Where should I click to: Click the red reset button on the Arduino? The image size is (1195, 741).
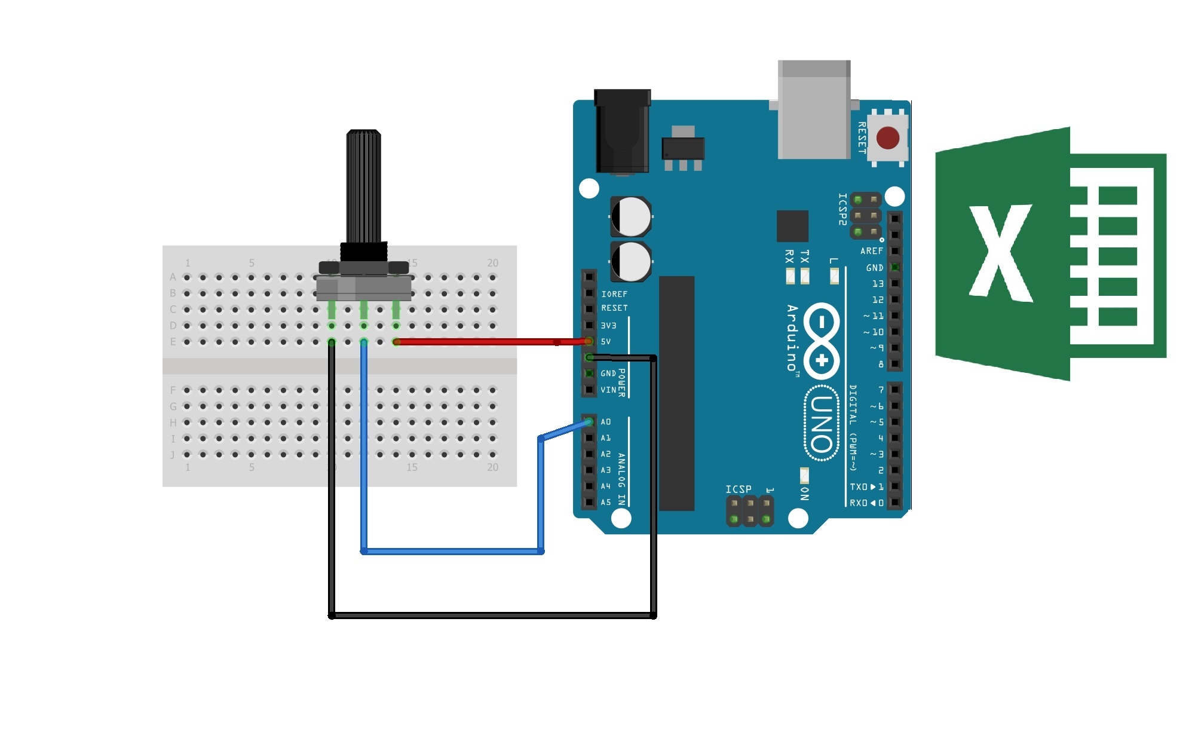[888, 138]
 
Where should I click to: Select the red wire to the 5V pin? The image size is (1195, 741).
[490, 342]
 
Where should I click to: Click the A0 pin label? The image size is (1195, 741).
[606, 422]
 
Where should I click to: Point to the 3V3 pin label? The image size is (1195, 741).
[608, 326]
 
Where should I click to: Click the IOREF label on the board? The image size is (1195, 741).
[614, 294]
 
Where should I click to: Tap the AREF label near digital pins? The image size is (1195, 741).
[871, 251]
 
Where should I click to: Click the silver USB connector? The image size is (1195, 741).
[814, 111]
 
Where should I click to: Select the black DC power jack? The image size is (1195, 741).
[623, 131]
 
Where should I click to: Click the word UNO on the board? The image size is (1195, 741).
[822, 424]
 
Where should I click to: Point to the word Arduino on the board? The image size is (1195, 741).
[792, 338]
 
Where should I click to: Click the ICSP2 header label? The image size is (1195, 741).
[842, 209]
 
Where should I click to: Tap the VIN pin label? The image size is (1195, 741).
[608, 390]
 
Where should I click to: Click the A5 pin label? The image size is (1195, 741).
[606, 503]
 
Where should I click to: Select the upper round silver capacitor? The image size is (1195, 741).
[631, 216]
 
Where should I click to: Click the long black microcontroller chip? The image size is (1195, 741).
[676, 393]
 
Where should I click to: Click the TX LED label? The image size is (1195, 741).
[805, 257]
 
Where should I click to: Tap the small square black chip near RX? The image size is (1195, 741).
[792, 226]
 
